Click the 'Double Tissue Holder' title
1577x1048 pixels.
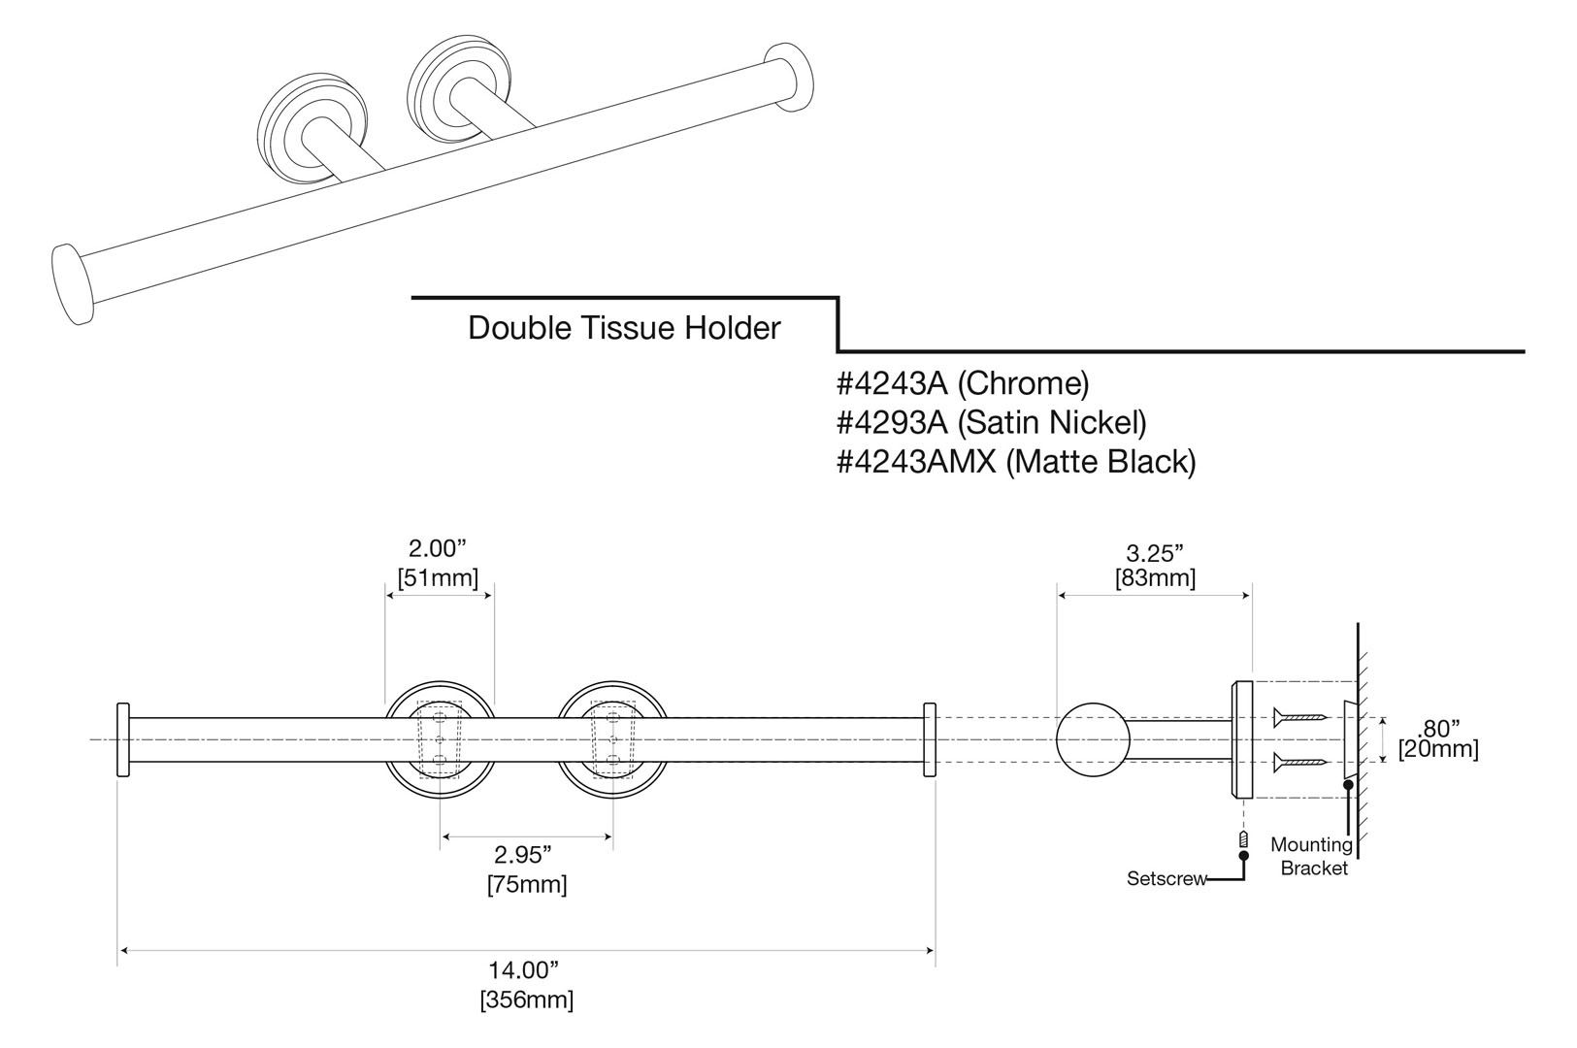click(x=624, y=328)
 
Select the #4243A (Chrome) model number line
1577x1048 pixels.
click(x=963, y=383)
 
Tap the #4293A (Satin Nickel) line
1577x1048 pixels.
click(x=991, y=422)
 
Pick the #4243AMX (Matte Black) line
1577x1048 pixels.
click(x=1016, y=461)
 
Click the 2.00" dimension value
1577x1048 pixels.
click(x=438, y=548)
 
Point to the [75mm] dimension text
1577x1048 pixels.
click(x=527, y=885)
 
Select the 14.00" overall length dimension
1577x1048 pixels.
click(x=524, y=969)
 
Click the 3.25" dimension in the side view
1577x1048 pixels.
click(x=1155, y=553)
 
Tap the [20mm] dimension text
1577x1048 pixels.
click(x=1438, y=750)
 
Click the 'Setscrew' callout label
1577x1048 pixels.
click(x=1166, y=879)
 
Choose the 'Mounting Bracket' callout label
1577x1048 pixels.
click(x=1312, y=857)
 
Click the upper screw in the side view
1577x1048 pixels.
click(x=1300, y=717)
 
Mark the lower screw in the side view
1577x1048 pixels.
click(x=1300, y=763)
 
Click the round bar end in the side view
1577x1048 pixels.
click(x=1092, y=739)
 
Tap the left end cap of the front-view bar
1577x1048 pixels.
click(x=123, y=739)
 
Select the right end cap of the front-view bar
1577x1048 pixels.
click(x=930, y=739)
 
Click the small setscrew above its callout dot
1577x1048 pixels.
click(x=1243, y=839)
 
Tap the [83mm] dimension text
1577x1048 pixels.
click(x=1155, y=578)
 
